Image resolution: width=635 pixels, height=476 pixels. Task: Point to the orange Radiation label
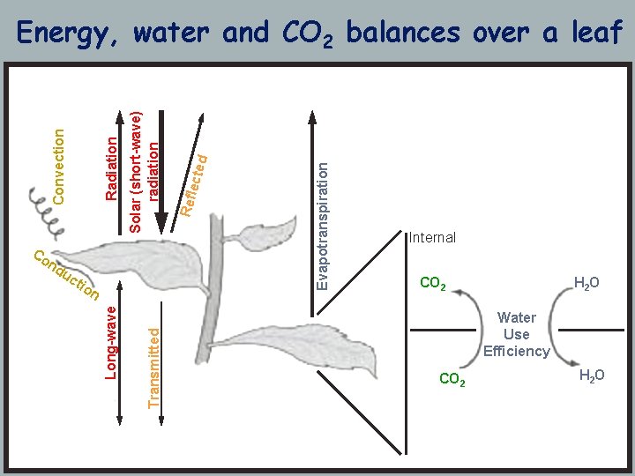pyautogui.click(x=111, y=167)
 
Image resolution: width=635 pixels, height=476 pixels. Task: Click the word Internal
pyautogui.click(x=432, y=238)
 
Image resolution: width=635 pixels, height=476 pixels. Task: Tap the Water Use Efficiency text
pyautogui.click(x=516, y=335)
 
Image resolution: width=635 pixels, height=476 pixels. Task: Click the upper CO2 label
pyautogui.click(x=433, y=284)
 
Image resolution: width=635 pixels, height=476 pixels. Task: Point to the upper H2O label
pyautogui.click(x=586, y=283)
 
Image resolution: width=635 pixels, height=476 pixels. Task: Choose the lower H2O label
pyautogui.click(x=592, y=376)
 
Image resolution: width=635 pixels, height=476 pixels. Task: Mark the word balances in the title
pyautogui.click(x=402, y=33)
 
